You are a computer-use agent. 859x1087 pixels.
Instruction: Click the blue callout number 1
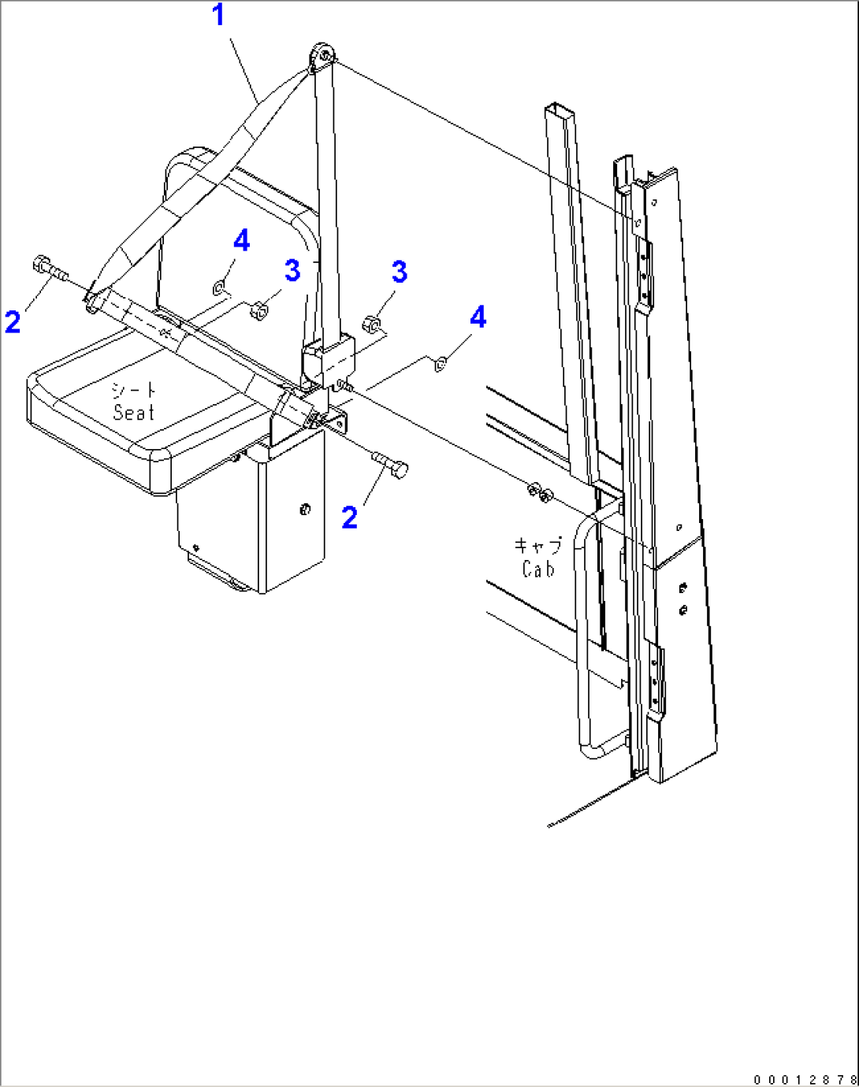pos(218,15)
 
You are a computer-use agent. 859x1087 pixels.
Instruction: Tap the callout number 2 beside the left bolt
pos(13,322)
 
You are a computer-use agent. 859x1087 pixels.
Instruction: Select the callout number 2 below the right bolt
pos(350,518)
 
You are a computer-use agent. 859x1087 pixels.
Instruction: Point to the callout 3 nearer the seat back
pos(292,270)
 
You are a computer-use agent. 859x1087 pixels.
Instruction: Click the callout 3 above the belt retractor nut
pos(400,272)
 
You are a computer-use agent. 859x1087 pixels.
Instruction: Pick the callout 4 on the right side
pos(478,317)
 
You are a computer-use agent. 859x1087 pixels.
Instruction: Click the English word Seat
pos(133,412)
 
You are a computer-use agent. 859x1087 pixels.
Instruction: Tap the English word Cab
pos(538,569)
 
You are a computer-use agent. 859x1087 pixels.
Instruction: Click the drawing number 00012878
pos(805,1079)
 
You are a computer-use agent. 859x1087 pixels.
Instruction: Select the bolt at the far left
pos(50,269)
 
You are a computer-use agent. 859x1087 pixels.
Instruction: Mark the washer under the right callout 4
pos(441,364)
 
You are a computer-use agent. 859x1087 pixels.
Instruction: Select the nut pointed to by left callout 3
pos(258,310)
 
